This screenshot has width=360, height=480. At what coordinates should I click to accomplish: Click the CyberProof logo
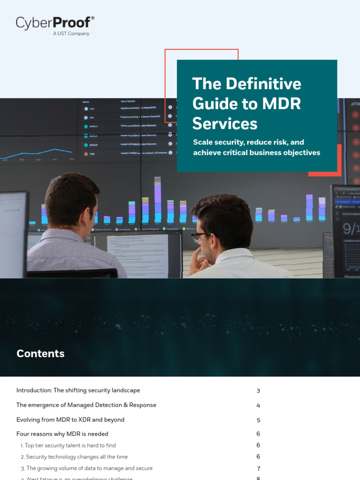55,23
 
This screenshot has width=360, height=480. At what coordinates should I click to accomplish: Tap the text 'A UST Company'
71,34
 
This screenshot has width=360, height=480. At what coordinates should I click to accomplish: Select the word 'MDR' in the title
279,103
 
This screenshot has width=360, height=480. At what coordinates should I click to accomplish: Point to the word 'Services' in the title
225,123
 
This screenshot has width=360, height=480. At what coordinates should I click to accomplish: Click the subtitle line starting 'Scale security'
248,142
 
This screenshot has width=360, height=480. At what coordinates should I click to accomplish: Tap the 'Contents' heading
40,353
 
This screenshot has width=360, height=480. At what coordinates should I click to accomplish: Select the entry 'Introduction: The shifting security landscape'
78,390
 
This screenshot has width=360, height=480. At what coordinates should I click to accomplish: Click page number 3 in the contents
258,391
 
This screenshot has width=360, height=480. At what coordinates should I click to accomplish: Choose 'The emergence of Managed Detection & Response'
86,405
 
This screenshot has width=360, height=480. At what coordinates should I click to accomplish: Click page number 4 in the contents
258,405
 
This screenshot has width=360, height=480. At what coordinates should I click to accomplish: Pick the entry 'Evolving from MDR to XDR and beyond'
70,420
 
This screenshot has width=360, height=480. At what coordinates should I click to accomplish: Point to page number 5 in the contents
258,420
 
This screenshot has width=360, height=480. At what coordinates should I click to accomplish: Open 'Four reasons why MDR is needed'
62,434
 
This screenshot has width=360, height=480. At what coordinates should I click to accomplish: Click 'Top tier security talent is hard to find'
70,445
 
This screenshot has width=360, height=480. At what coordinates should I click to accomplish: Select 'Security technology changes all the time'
76,457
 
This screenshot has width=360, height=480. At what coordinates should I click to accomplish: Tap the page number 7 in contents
258,469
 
